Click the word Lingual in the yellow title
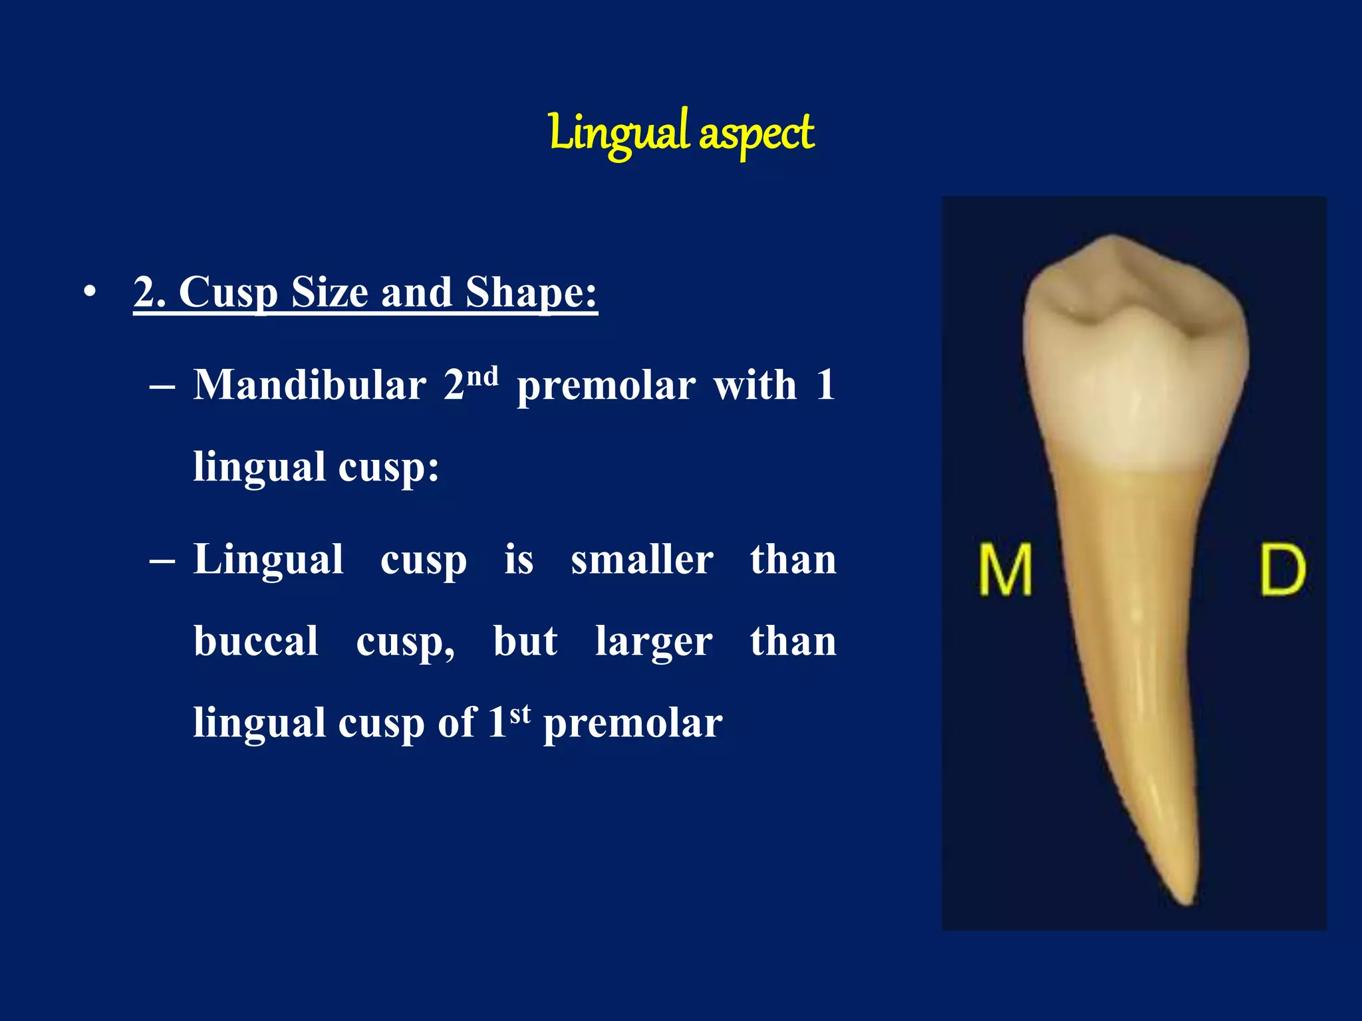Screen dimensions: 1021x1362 (618, 132)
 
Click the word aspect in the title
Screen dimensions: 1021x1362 (756, 134)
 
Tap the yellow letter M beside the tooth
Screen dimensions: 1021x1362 (1005, 570)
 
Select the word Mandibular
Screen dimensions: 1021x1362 (309, 385)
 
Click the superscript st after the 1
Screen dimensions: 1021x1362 (520, 714)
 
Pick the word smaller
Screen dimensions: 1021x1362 (642, 560)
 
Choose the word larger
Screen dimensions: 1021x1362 (653, 641)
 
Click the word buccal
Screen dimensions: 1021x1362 (256, 641)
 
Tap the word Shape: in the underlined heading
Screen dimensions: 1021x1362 (531, 292)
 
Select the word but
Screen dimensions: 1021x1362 (525, 641)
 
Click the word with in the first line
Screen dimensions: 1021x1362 (755, 385)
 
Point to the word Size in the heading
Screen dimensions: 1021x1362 (329, 292)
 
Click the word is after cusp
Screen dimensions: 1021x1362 (519, 560)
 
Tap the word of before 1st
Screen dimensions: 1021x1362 (457, 723)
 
